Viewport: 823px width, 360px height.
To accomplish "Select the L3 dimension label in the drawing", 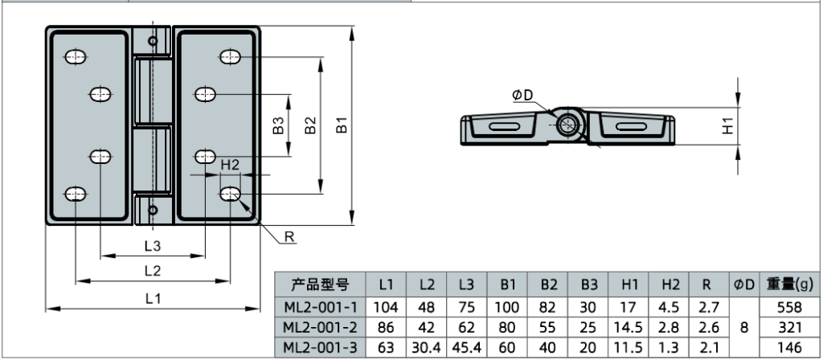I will point(153,246).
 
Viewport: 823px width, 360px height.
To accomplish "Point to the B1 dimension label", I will point(342,126).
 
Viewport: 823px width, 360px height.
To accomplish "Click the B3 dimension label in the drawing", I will point(278,126).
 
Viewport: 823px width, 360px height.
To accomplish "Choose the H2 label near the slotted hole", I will point(231,164).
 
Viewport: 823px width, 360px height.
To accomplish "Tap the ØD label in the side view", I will point(522,96).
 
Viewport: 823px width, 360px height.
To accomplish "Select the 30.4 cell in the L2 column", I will point(427,346).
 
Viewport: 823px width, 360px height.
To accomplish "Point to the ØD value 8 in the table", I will point(743,326).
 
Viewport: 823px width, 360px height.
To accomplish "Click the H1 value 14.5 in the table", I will point(629,326).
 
